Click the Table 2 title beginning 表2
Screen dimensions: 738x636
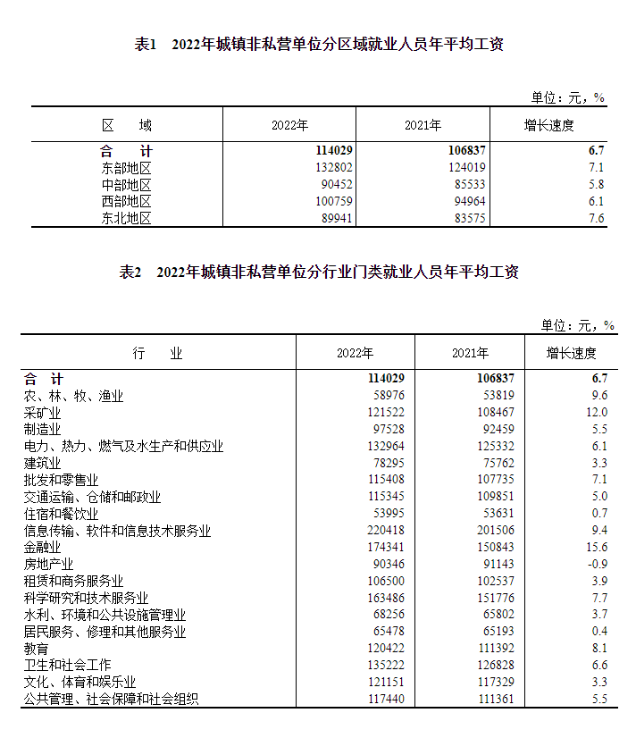pos(319,273)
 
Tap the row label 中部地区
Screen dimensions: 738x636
pos(127,185)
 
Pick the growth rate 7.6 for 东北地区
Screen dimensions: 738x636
pos(597,219)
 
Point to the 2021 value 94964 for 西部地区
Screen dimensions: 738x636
pos(467,202)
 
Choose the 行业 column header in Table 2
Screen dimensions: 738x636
pos(158,354)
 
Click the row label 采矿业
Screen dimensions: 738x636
pos(43,413)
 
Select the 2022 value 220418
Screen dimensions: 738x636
pos(386,531)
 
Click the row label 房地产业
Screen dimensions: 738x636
pos(49,564)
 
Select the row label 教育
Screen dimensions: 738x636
pos(37,648)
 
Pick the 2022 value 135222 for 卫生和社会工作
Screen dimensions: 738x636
pos(386,665)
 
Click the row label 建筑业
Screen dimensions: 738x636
pos(43,463)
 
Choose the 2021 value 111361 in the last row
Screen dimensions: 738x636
pos(494,699)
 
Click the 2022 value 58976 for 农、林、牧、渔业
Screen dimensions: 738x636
pos(389,396)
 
